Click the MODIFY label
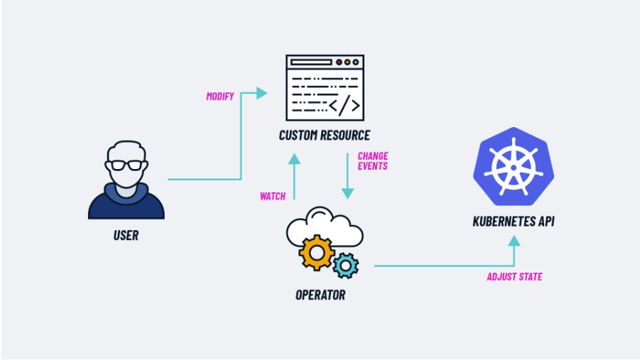(220, 97)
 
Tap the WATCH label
(273, 196)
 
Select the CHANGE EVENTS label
(372, 160)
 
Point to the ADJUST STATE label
(514, 277)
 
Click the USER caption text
(126, 235)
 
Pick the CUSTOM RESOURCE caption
(325, 136)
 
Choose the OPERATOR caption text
(320, 294)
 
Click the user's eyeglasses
(126, 165)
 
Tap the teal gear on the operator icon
(346, 264)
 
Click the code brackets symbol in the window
(347, 106)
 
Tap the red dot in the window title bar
(339, 62)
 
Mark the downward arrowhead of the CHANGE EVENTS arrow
(347, 192)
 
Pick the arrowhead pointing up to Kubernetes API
(514, 241)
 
